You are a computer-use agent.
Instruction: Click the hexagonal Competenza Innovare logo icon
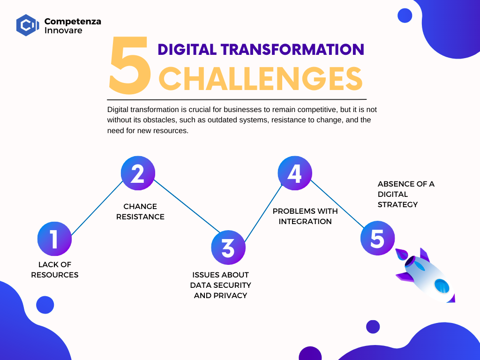[28, 25]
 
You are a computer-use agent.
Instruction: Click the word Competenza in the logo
[73, 22]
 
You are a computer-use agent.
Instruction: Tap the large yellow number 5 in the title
[130, 65]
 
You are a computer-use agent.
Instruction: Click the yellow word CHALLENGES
[261, 79]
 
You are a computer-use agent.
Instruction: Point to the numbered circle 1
[54, 239]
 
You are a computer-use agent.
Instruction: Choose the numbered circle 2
[138, 173]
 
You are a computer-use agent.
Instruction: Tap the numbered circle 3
[228, 247]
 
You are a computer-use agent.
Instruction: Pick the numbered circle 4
[295, 173]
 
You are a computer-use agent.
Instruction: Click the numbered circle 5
[377, 238]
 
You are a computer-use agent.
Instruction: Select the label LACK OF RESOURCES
[55, 270]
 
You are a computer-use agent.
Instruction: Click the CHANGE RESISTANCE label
[140, 211]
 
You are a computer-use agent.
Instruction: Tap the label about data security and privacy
[220, 285]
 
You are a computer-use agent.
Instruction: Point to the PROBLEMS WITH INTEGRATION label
[305, 216]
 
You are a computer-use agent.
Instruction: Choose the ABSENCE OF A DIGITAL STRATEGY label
[406, 194]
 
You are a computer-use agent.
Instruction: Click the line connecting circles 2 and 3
[187, 206]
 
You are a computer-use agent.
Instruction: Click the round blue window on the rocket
[442, 286]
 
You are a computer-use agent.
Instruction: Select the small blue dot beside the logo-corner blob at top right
[405, 15]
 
